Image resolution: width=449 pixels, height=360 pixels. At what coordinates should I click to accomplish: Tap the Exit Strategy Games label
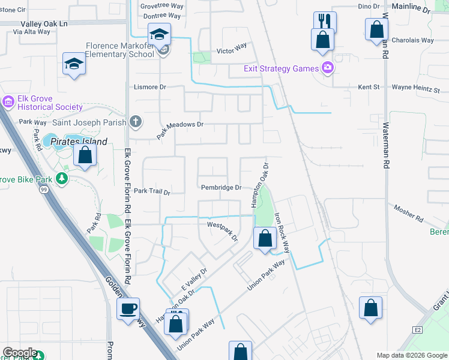tap(281, 68)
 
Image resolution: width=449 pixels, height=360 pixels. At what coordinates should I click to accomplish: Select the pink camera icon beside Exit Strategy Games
tap(327, 67)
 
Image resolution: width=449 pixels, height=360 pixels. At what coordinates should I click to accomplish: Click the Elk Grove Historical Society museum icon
tap(8, 103)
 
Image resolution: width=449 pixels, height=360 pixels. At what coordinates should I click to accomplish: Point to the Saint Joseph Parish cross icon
tap(136, 122)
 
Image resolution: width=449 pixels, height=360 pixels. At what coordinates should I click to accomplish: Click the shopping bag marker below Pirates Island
tap(85, 155)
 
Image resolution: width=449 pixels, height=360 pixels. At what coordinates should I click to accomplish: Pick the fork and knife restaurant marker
tap(325, 22)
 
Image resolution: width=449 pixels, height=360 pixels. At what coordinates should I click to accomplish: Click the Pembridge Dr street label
tap(221, 188)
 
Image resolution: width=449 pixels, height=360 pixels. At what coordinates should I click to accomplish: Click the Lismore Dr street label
tap(149, 87)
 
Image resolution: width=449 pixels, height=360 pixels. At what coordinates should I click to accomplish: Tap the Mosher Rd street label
tap(409, 209)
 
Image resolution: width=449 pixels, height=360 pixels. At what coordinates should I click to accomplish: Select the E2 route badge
tap(418, 329)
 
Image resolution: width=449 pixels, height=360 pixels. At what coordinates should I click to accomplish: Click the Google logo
tap(19, 353)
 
